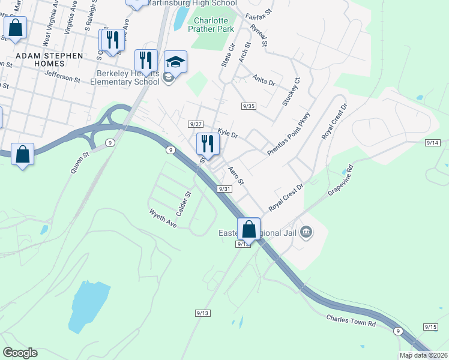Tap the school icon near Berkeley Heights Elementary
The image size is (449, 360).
tap(175, 62)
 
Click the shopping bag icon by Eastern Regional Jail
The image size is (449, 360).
tap(249, 229)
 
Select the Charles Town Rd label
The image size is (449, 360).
tap(351, 320)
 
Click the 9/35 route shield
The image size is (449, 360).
tap(249, 106)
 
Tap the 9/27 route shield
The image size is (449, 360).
tap(195, 124)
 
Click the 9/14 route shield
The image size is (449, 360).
tap(432, 143)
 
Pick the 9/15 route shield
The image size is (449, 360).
tap(430, 326)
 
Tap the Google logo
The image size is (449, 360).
tap(20, 353)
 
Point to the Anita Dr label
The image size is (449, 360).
tap(264, 81)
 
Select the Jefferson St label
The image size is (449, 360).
tap(62, 76)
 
